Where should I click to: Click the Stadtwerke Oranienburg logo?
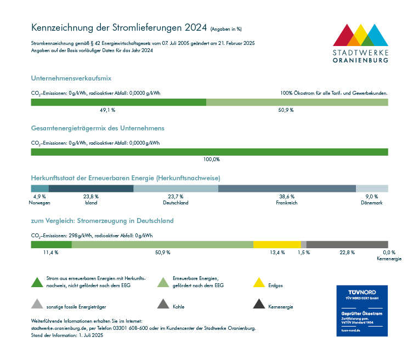tap(361, 43)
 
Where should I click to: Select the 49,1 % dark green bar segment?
tap(118, 102)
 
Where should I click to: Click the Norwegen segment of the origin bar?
tap(39, 188)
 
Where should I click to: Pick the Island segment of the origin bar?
tap(91, 188)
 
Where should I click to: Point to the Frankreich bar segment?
tap(287, 188)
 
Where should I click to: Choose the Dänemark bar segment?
tap(372, 188)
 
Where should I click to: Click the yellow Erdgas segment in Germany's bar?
tap(277, 244)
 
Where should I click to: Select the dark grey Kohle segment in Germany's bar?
tap(347, 244)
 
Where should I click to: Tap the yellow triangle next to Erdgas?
tap(259, 283)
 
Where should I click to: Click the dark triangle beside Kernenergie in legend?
tap(259, 304)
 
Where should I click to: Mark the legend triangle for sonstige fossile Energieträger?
tap(37, 304)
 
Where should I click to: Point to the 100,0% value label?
tap(212, 159)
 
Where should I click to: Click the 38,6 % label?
tap(287, 196)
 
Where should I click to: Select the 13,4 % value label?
tap(278, 253)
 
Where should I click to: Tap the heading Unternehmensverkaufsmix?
tap(71, 79)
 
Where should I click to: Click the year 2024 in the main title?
tap(196, 27)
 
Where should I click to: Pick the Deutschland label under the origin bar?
tap(176, 203)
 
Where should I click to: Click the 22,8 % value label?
tap(347, 253)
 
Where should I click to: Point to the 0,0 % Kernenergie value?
tap(389, 253)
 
